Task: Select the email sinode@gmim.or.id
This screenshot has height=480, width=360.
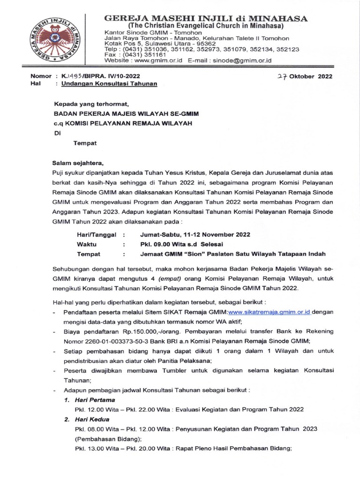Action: pos(240,60)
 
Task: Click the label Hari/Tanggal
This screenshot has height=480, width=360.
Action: pos(96,234)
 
